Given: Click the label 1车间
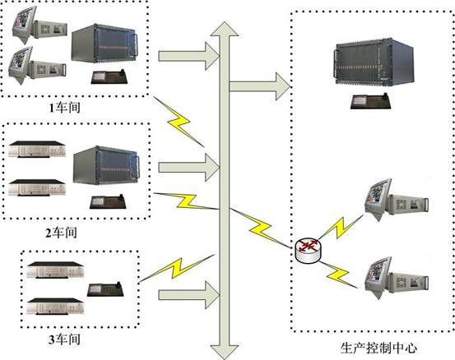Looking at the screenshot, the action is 64,108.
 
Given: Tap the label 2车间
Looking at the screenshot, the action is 61,233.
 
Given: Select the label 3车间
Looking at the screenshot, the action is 64,339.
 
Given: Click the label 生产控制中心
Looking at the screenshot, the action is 378,348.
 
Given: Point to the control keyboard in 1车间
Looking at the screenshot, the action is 109,76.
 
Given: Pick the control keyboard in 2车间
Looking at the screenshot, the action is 108,201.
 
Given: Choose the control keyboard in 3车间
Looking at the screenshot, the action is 105,288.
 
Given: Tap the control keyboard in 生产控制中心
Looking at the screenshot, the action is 371,101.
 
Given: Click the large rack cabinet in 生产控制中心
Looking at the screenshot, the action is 374,62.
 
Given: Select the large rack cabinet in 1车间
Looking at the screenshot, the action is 105,44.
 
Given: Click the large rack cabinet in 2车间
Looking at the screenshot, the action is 106,165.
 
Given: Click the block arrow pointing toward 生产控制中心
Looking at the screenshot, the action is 260,86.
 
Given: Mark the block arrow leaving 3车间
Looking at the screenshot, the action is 188,295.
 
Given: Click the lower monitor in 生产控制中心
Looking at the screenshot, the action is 378,277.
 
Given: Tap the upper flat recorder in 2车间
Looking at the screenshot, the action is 37,150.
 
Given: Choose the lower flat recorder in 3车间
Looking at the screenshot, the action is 55,306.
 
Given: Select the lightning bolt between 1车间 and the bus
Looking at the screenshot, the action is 179,122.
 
